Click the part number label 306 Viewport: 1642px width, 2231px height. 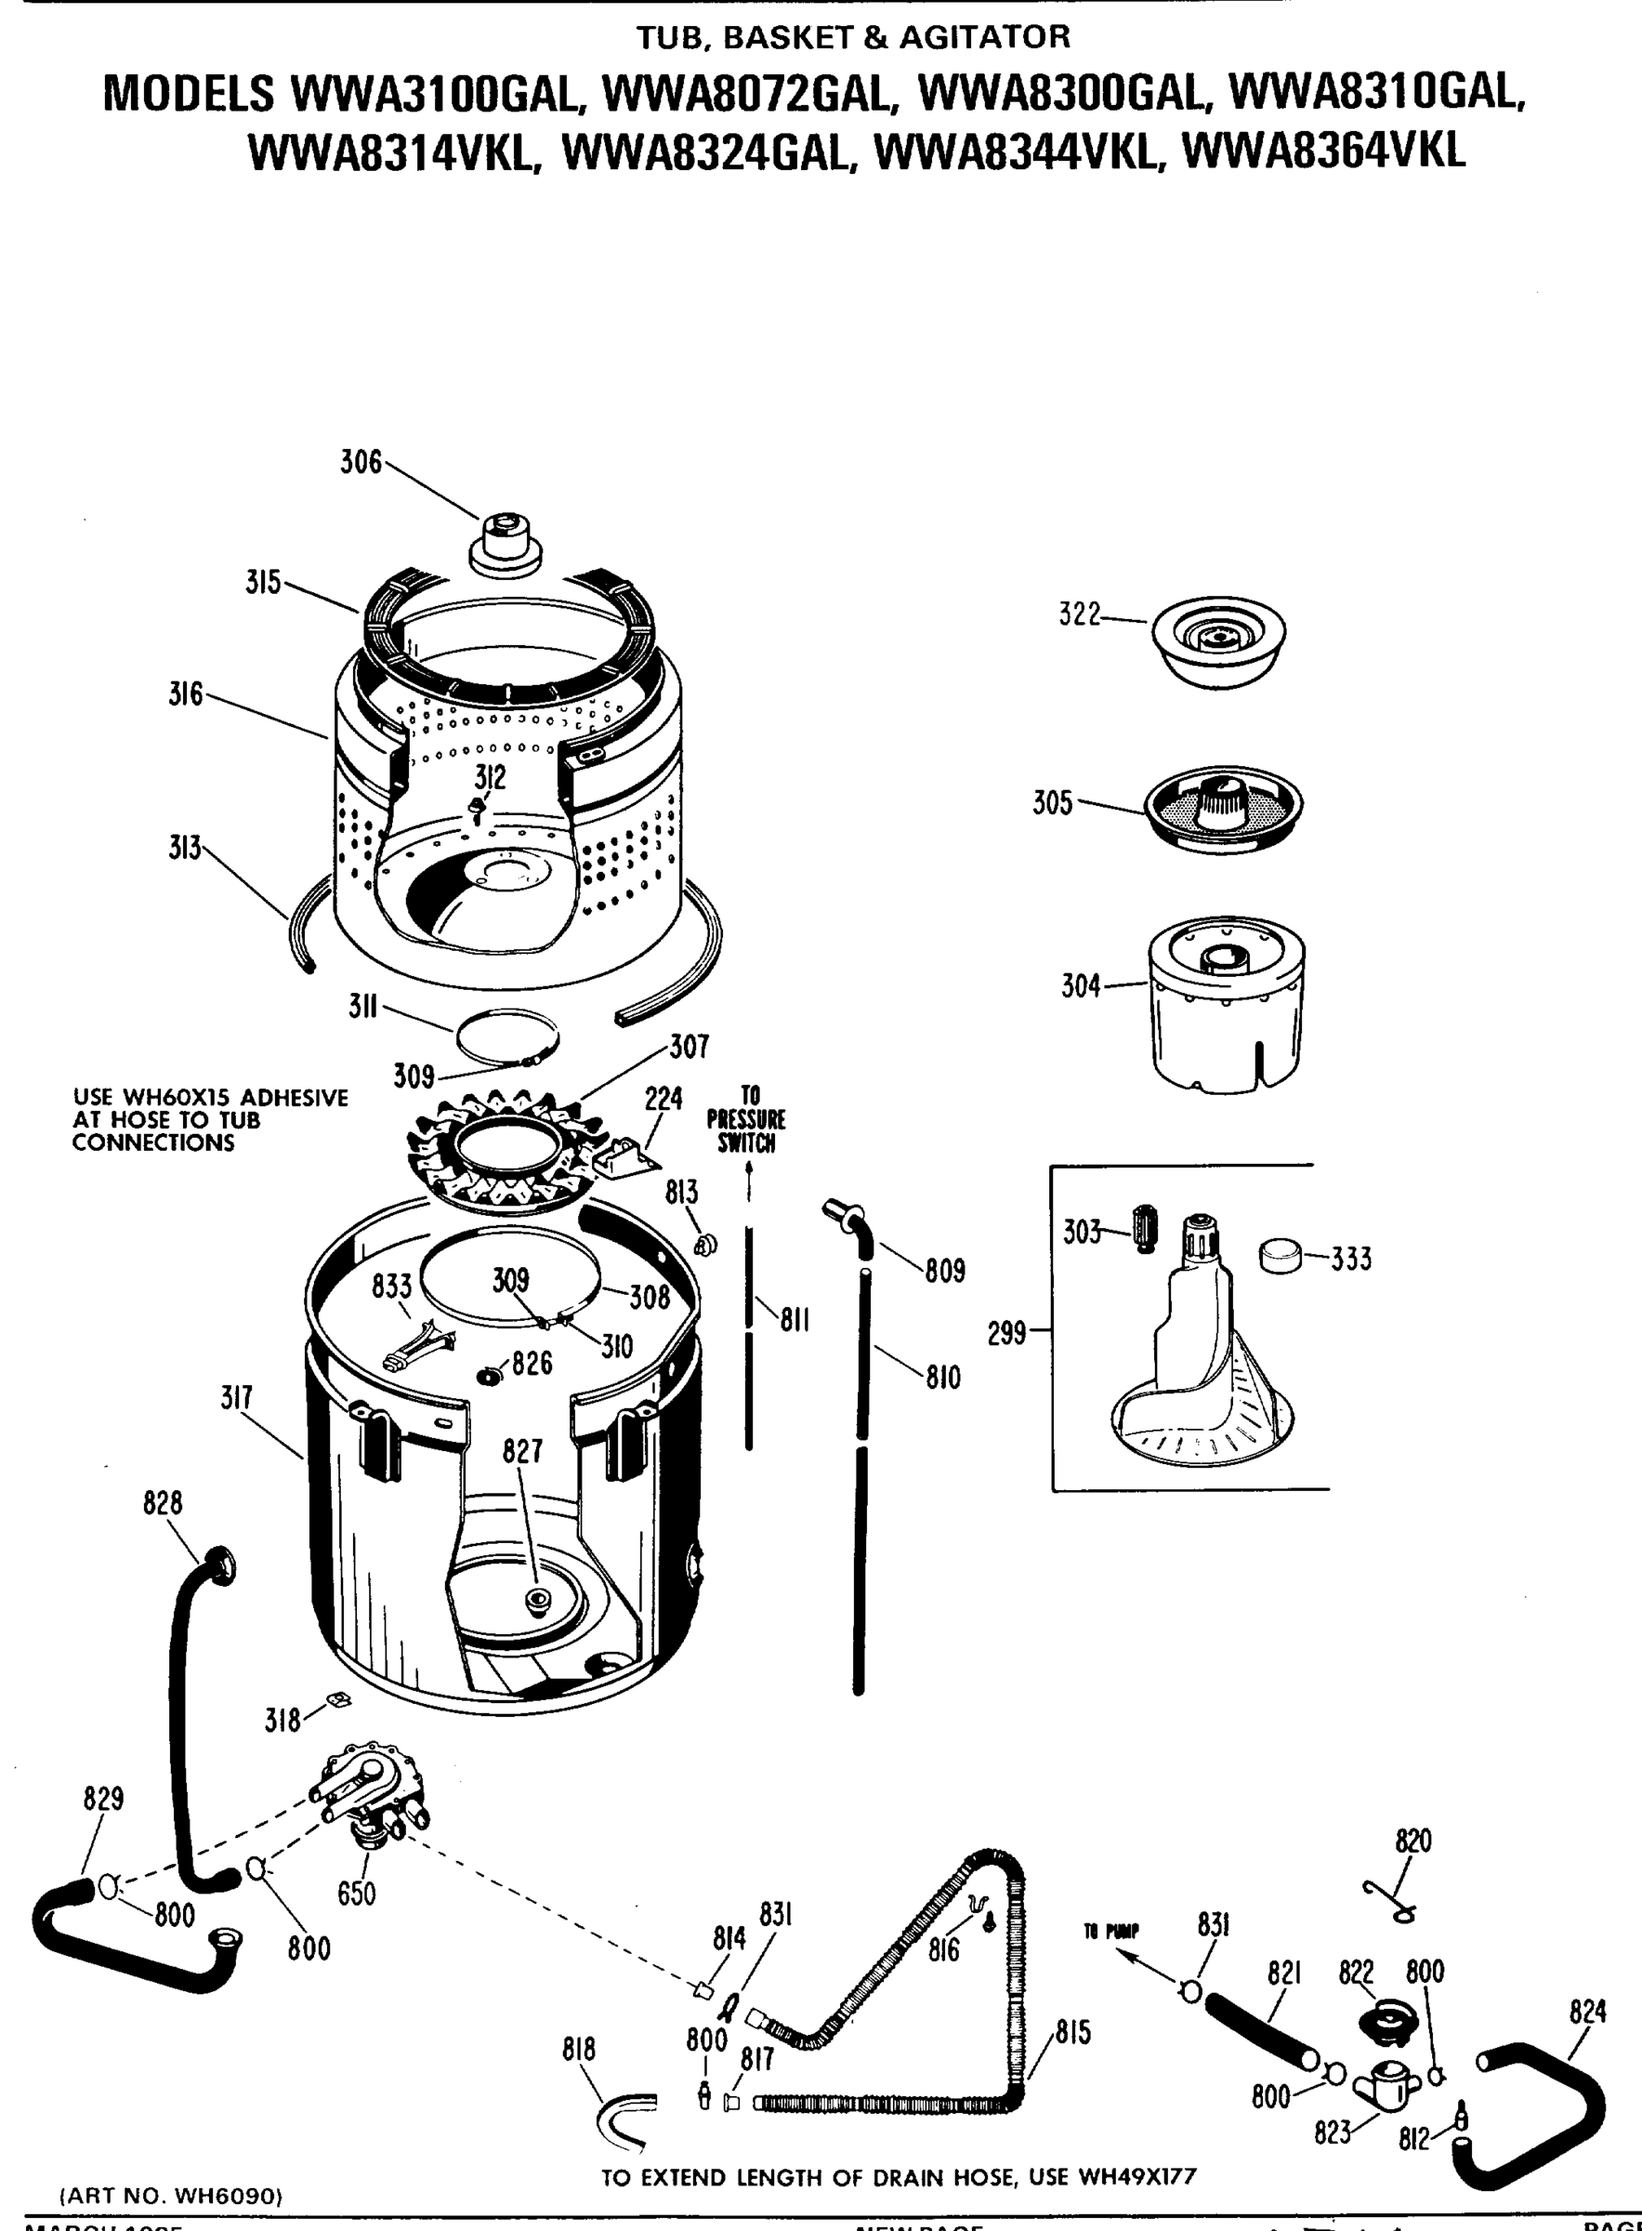coord(361,462)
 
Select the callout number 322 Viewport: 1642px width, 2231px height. coord(1080,615)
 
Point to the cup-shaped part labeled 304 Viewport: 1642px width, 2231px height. coord(1226,1004)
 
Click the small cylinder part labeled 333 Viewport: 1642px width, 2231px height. coord(1281,1255)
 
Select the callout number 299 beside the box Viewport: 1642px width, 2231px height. coord(1007,1333)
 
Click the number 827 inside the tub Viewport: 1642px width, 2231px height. coord(522,1451)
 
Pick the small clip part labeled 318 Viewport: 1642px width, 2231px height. coord(339,1700)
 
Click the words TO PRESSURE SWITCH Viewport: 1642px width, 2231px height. coord(746,1119)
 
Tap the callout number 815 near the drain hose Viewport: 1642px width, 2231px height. coord(1073,2032)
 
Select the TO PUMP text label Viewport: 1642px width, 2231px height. coord(1111,1932)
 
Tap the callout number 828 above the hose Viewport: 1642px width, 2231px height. coord(163,1503)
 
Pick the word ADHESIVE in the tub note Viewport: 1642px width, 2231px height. coord(296,1098)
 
